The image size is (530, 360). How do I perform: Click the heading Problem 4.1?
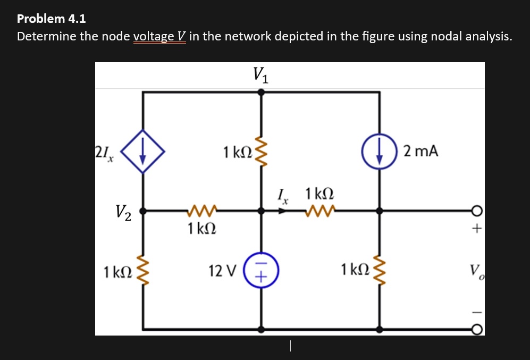pyautogui.click(x=51, y=19)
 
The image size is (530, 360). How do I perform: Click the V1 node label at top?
pyautogui.click(x=260, y=74)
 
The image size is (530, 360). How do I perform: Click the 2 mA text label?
pyautogui.click(x=420, y=152)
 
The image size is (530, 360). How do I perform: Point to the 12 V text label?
pyautogui.click(x=223, y=272)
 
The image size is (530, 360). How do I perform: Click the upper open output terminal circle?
pyautogui.click(x=477, y=211)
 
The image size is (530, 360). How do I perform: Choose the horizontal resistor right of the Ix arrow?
pyautogui.click(x=319, y=211)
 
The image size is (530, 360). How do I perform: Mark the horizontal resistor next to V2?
pyautogui.click(x=201, y=211)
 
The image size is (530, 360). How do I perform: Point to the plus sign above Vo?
pyautogui.click(x=477, y=230)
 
